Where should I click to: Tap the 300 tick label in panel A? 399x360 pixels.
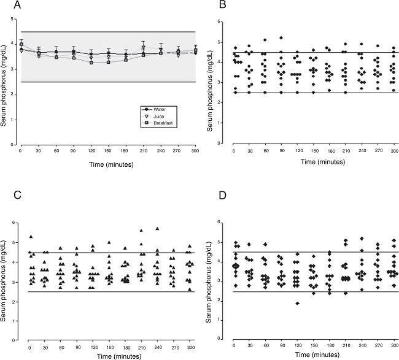coord(195,150)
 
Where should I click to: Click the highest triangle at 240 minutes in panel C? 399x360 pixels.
coord(157,228)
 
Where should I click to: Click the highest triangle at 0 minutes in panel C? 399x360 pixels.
coord(31,237)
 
